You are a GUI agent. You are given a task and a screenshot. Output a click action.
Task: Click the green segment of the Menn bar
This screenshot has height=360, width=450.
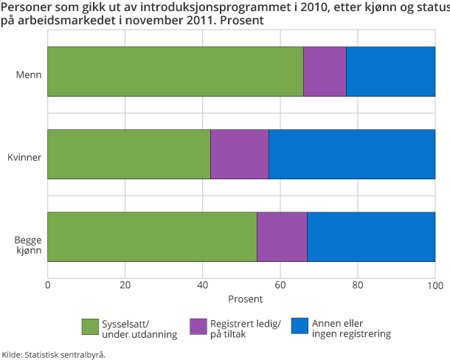(176, 72)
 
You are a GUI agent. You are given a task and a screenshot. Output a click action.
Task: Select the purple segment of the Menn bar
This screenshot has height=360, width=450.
(325, 72)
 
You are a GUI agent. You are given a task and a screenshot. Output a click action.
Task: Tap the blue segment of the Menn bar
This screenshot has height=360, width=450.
(390, 72)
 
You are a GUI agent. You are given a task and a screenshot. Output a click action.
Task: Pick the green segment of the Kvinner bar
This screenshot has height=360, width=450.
(129, 154)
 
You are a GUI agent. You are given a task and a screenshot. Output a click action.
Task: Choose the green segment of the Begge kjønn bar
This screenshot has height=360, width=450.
(152, 237)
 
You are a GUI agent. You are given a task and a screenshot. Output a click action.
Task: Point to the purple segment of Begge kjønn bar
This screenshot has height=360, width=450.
(282, 237)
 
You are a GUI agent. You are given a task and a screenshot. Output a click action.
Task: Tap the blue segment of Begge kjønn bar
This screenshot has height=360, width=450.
(371, 237)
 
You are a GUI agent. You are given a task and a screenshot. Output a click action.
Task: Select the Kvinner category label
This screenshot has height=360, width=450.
(25, 156)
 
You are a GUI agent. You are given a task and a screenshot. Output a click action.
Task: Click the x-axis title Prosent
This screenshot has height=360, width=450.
(241, 300)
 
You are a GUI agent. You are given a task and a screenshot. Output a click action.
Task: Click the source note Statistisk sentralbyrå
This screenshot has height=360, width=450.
(53, 354)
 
